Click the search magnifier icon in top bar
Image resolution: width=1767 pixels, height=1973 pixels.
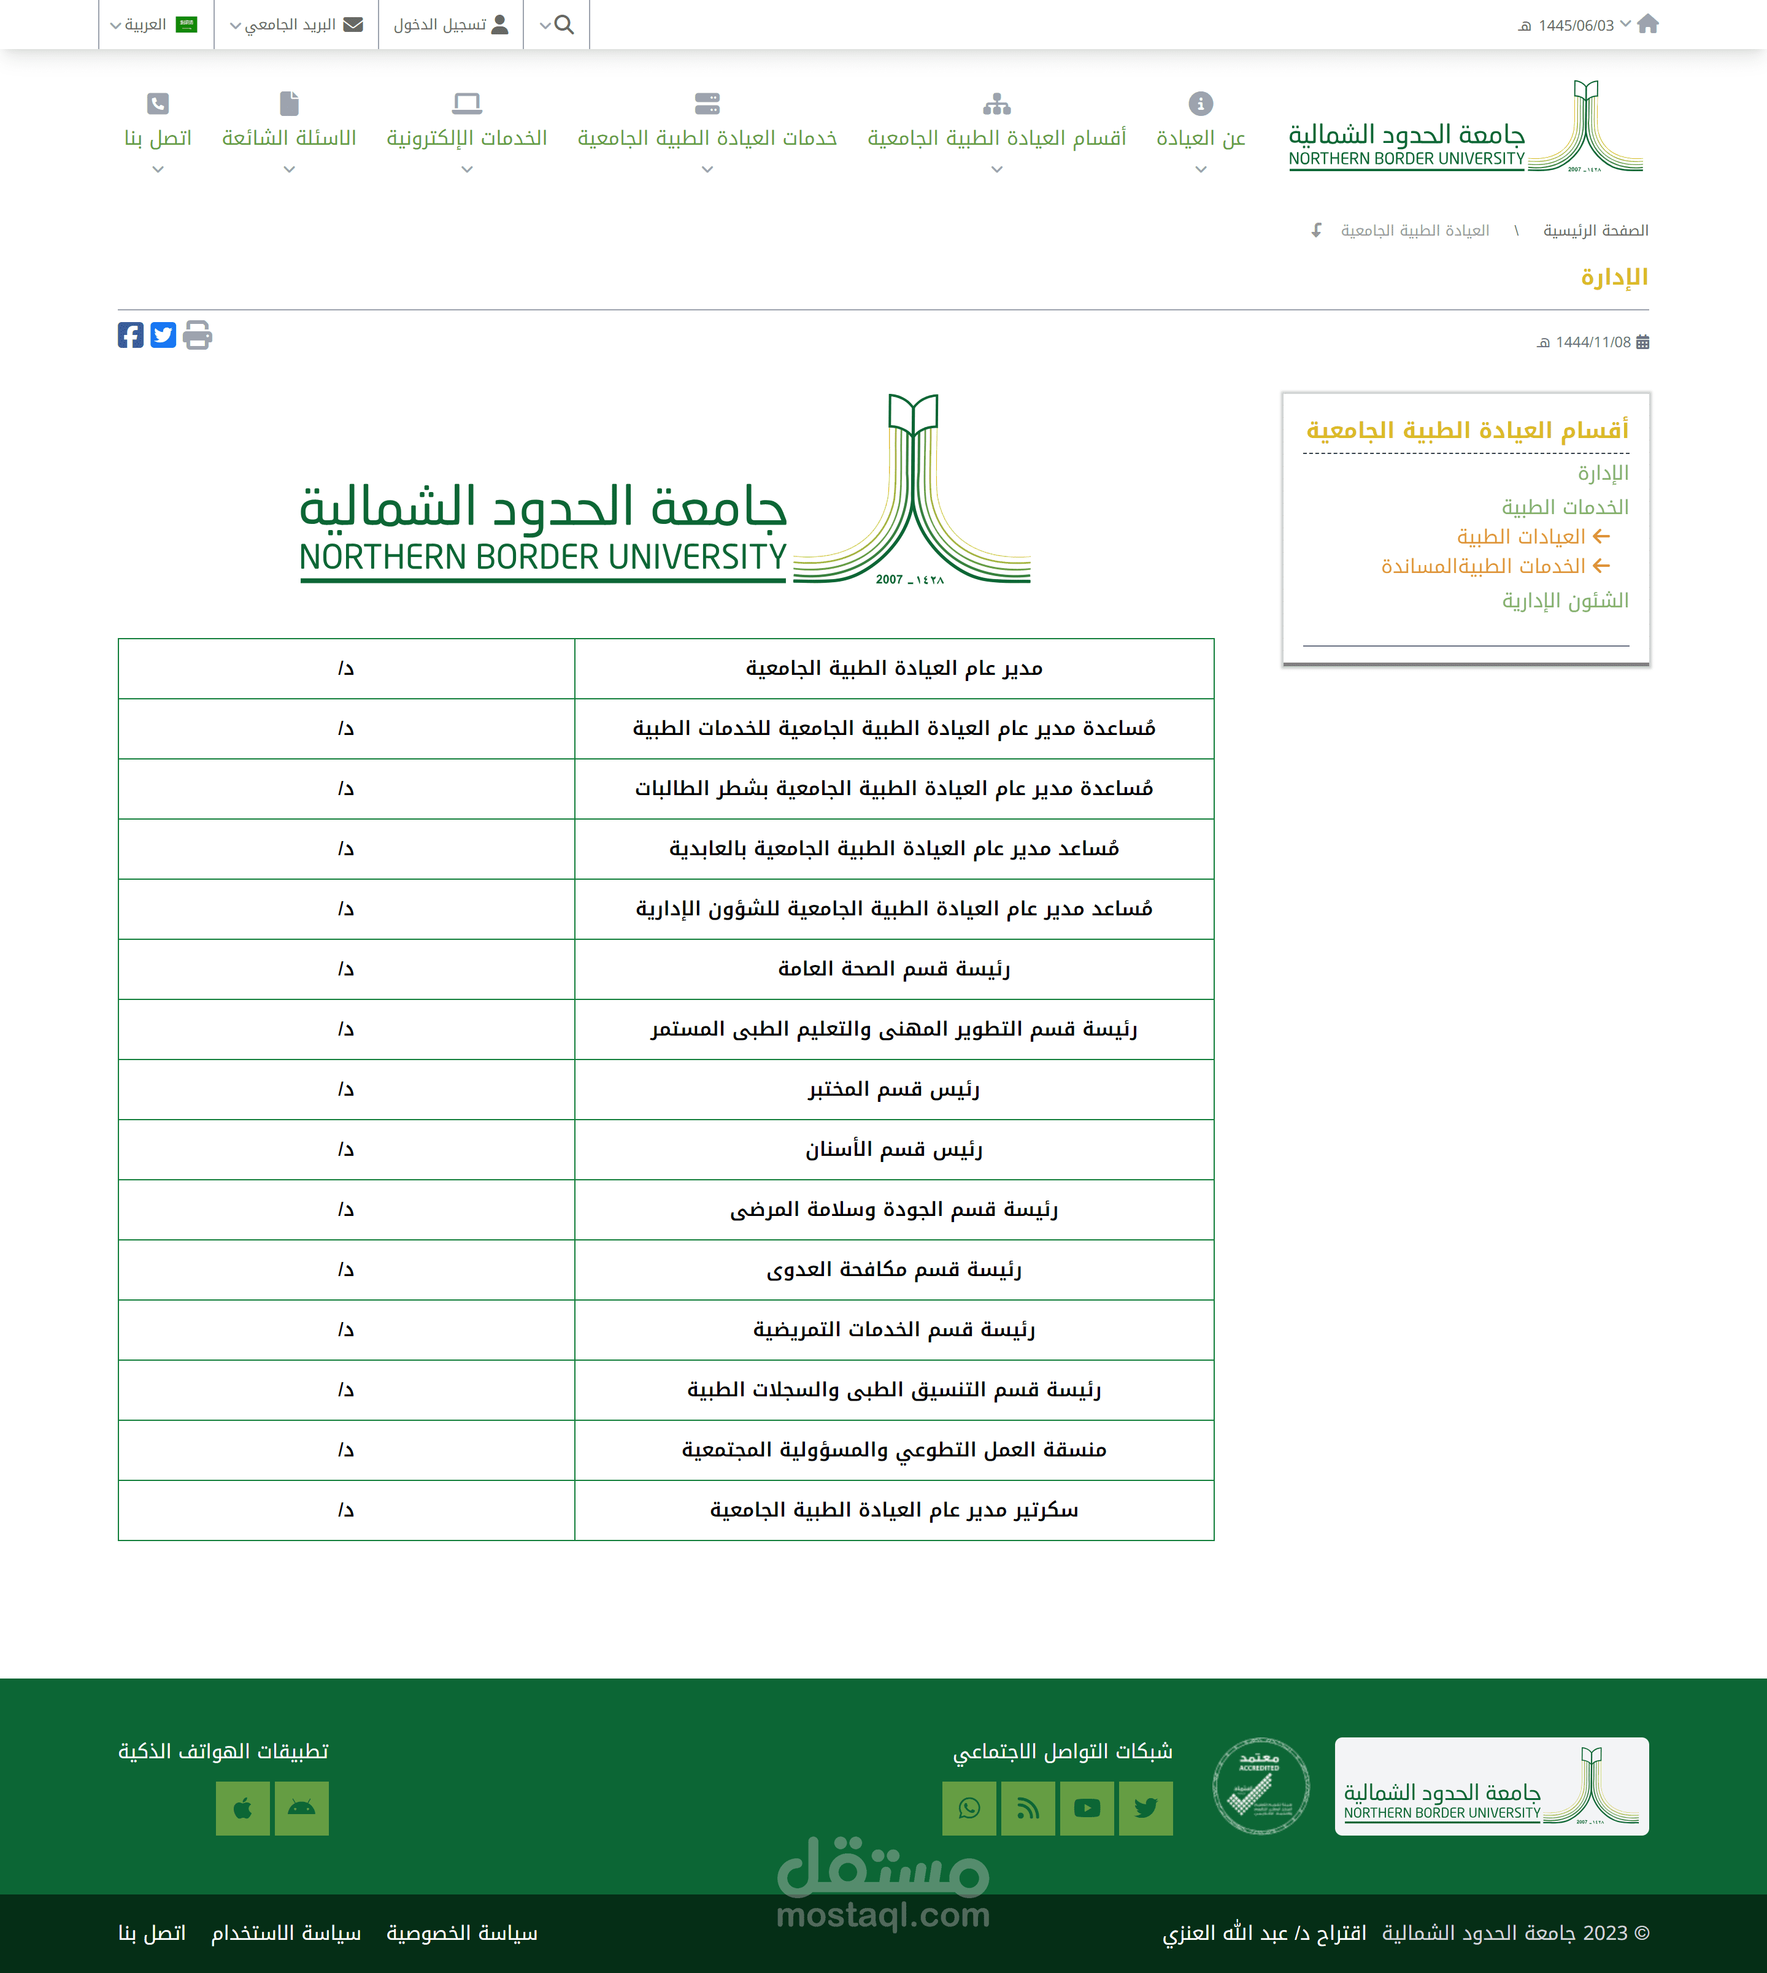(563, 25)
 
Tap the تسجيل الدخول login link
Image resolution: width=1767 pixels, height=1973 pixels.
(450, 25)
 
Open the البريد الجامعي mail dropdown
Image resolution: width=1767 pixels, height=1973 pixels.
(296, 25)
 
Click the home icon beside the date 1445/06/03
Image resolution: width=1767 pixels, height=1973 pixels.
(1647, 25)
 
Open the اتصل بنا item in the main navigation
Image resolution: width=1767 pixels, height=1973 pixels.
(157, 138)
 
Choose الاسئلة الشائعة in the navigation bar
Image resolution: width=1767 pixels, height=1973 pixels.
(290, 138)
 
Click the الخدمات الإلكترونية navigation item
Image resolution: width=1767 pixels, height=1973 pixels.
(467, 138)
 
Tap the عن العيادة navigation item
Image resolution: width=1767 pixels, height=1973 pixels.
(1201, 138)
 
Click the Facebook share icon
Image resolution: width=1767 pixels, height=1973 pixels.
(130, 335)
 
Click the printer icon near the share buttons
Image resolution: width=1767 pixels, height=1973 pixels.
(197, 335)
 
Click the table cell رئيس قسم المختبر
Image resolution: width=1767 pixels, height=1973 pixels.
(893, 1090)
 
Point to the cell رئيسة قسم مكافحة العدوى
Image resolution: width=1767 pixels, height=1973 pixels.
(893, 1270)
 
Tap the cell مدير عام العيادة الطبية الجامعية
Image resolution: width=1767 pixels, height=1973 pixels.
(893, 668)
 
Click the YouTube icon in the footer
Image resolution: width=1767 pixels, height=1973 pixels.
(1087, 1808)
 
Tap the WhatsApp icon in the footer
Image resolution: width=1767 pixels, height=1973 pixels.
(969, 1808)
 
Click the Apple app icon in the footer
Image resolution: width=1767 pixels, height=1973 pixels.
(243, 1808)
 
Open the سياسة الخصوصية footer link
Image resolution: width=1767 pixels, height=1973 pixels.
(462, 1933)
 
